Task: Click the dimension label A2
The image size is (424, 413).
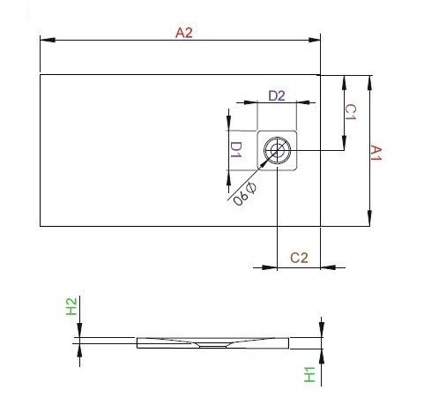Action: pyautogui.click(x=183, y=34)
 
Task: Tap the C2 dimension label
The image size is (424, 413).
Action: pyautogui.click(x=299, y=257)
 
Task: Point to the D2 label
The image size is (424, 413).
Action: pyautogui.click(x=276, y=95)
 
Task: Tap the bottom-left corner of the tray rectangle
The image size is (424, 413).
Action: pyautogui.click(x=41, y=227)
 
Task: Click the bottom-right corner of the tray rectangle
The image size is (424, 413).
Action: pyautogui.click(x=321, y=227)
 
